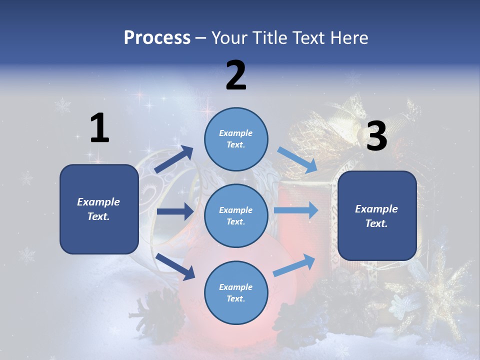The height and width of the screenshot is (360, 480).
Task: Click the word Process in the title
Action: (157, 37)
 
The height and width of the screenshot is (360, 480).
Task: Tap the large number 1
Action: (99, 128)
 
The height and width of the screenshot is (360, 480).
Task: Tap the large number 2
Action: (235, 75)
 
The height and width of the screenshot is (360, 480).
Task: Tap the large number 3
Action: (376, 136)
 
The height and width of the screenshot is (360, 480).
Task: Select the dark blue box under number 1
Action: (99, 209)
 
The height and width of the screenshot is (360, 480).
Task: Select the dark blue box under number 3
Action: (377, 216)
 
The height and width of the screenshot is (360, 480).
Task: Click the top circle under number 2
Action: (236, 138)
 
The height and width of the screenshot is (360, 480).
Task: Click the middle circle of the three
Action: (236, 215)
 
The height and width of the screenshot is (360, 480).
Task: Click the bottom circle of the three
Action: (236, 292)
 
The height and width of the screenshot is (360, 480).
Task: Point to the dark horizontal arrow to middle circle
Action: (175, 211)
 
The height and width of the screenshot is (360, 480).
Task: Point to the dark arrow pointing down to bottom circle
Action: (175, 266)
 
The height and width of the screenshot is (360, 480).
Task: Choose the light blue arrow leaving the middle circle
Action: (296, 210)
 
